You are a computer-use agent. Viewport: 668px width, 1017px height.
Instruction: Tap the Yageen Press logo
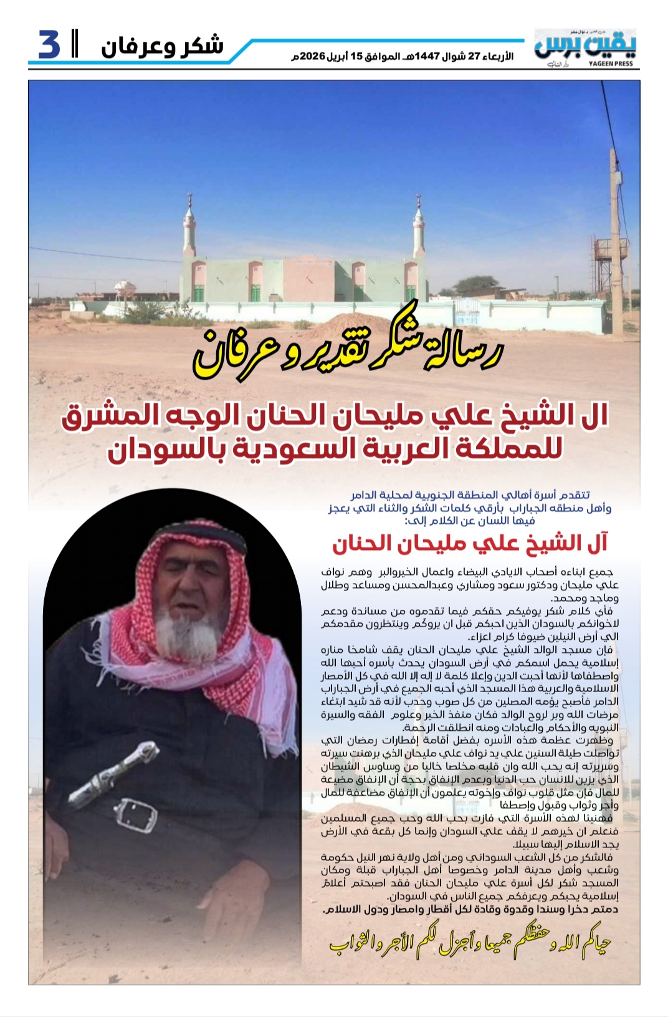pyautogui.click(x=584, y=47)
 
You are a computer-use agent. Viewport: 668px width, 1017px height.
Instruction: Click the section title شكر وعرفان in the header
pyautogui.click(x=162, y=47)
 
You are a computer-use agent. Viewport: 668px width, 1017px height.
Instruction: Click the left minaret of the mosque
pyautogui.click(x=189, y=231)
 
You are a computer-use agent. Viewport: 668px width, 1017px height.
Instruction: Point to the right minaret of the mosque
pyautogui.click(x=419, y=231)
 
